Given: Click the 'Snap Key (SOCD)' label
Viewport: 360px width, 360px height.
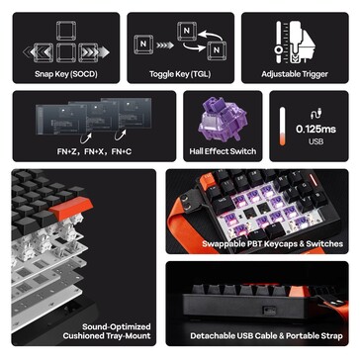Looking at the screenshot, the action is click(x=66, y=74).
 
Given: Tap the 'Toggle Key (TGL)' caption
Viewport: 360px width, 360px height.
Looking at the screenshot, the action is click(x=180, y=74).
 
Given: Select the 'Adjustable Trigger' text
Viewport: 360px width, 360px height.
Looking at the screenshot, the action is click(x=295, y=74).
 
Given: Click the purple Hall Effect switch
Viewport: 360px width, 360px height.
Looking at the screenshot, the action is click(x=223, y=120).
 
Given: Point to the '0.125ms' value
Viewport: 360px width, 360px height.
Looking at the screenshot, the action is click(x=315, y=129).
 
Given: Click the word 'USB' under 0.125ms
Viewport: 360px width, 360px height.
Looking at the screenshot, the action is click(x=315, y=141).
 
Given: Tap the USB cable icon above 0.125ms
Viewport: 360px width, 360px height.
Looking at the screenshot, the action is click(x=316, y=114).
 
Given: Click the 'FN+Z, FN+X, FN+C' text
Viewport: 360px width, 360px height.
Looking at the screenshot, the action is click(x=94, y=152).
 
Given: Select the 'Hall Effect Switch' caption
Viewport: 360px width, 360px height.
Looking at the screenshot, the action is click(x=223, y=151).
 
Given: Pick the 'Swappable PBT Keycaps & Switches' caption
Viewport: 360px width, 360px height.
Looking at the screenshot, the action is click(x=272, y=244).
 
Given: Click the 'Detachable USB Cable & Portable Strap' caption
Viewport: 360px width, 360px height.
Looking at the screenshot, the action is click(x=266, y=336).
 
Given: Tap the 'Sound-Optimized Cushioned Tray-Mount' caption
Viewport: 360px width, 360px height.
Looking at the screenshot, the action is click(x=107, y=331).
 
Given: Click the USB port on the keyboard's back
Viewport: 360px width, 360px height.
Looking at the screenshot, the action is click(x=266, y=310).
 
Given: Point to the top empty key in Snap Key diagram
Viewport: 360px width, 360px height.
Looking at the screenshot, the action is click(x=66, y=31).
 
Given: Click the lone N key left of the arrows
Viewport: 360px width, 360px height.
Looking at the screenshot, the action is click(x=143, y=45).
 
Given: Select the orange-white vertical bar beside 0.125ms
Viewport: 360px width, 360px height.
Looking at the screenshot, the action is click(x=283, y=126).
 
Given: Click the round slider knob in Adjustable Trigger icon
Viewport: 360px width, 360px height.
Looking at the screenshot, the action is click(x=279, y=50).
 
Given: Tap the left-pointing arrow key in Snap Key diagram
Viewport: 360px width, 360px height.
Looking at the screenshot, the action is click(x=44, y=52).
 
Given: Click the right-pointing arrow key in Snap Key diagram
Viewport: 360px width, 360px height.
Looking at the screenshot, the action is click(x=88, y=52).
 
